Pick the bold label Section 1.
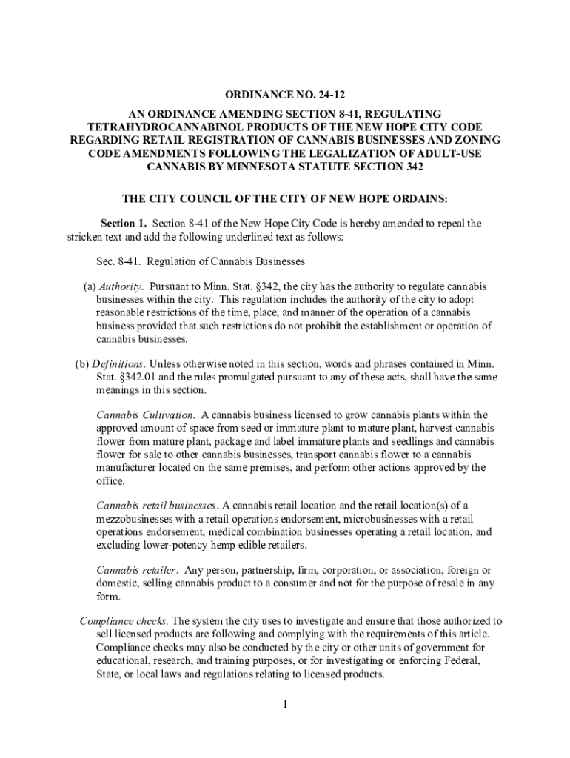(x=124, y=223)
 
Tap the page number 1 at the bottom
(x=284, y=703)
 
